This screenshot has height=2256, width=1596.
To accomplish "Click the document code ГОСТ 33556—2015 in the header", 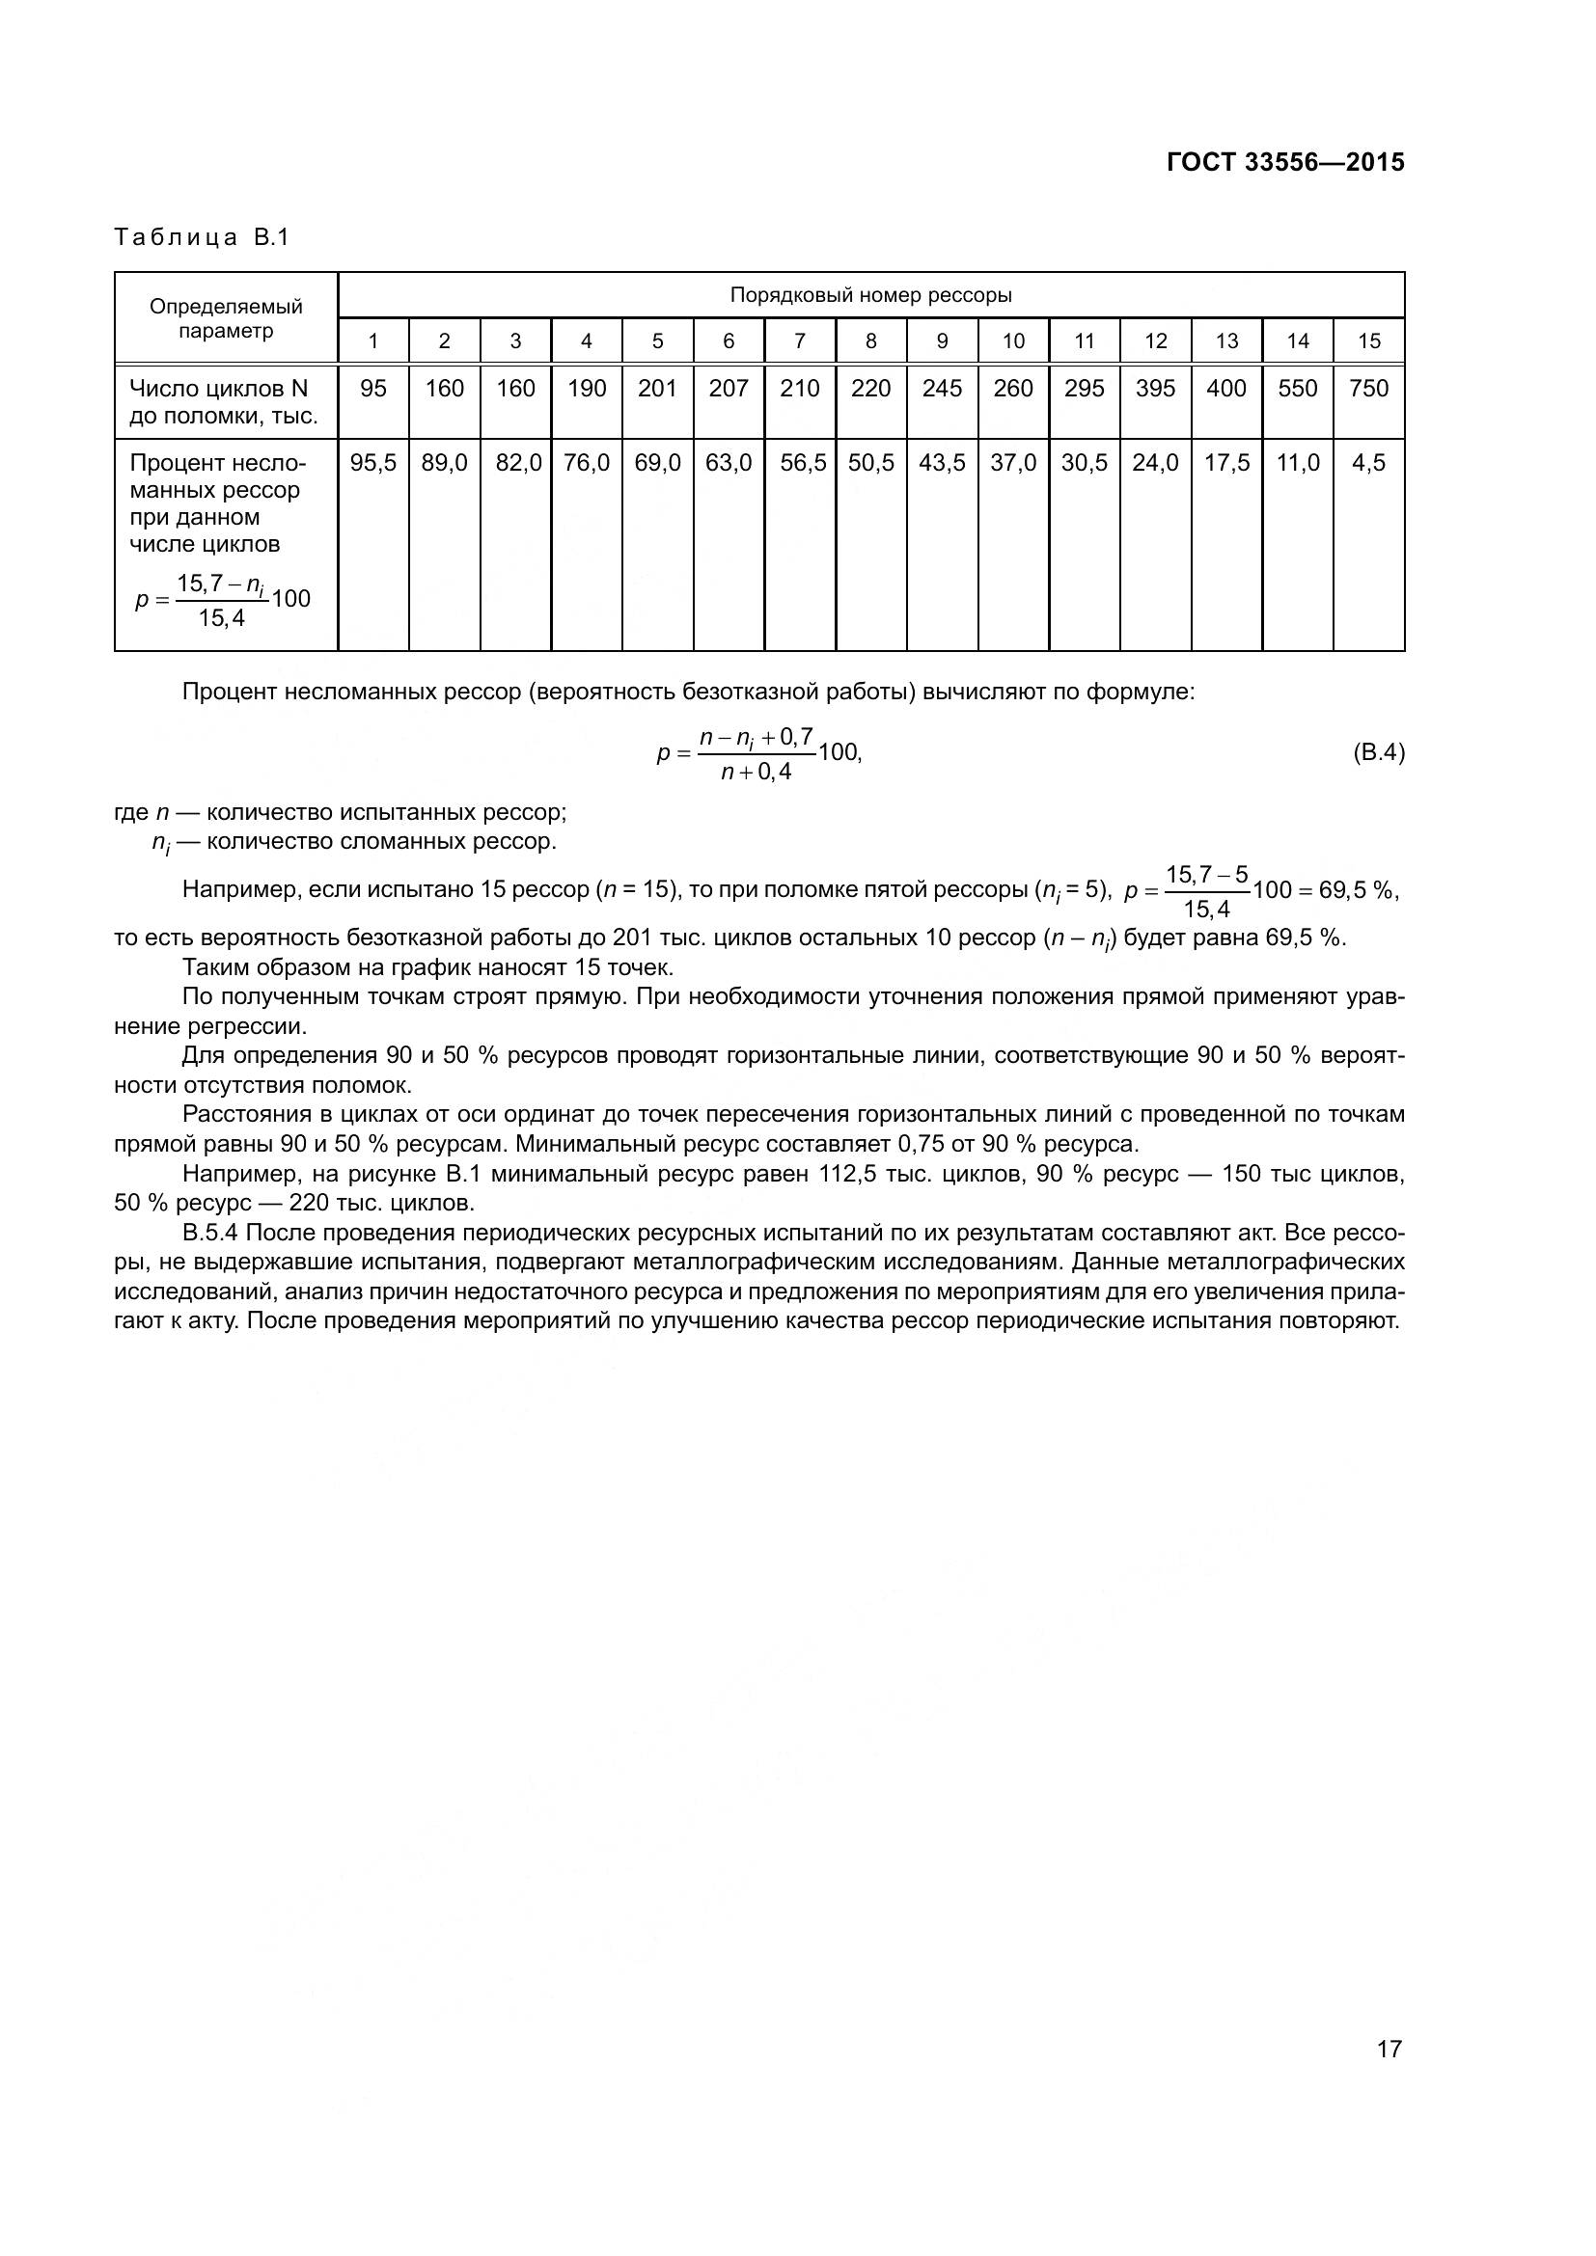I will click(1285, 163).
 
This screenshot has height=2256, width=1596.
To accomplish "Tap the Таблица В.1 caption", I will click(202, 238).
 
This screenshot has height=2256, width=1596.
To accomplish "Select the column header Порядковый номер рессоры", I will click(870, 295).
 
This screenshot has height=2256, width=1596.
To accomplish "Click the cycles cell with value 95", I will click(373, 389).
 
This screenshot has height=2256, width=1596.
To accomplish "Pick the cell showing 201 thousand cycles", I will click(657, 389).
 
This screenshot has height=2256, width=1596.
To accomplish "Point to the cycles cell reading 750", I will click(1369, 389).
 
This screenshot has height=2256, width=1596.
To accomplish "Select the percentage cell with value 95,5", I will click(373, 463).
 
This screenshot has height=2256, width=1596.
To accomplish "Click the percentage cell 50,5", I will click(870, 463).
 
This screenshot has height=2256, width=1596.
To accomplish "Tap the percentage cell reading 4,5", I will click(1369, 463).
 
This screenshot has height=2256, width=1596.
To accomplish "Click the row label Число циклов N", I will click(219, 389).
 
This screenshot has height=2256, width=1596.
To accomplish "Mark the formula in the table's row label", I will click(223, 600).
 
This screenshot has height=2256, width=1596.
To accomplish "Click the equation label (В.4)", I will click(1379, 753).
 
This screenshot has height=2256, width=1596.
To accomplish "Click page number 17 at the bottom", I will click(1389, 2049).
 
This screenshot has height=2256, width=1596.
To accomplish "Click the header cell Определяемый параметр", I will click(226, 318).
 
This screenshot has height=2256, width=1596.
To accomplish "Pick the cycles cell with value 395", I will click(1156, 389).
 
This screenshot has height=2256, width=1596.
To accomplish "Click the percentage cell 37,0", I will click(1013, 463).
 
